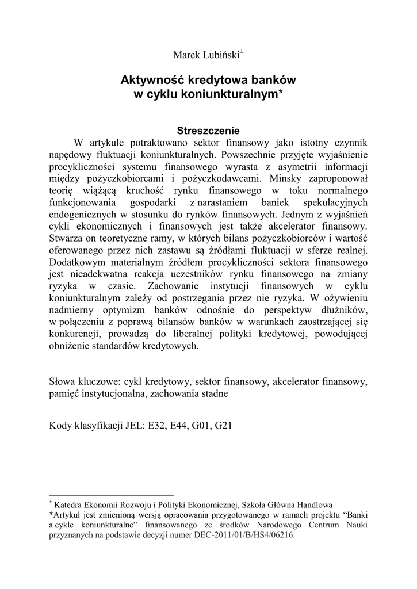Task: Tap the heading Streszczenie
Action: tap(208, 131)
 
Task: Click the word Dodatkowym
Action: tap(76, 262)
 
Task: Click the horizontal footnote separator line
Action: tap(112, 495)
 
